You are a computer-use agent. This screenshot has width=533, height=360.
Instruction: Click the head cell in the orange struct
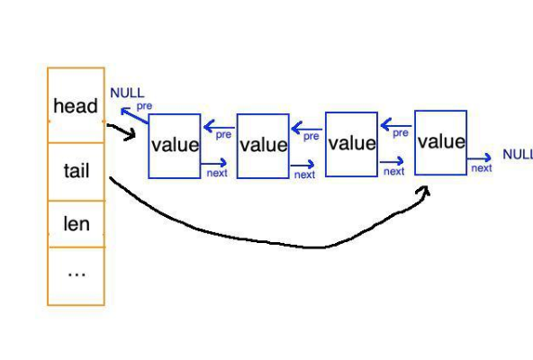(x=76, y=106)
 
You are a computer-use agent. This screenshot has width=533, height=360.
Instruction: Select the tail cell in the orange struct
(x=76, y=170)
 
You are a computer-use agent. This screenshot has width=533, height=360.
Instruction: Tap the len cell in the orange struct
(x=76, y=223)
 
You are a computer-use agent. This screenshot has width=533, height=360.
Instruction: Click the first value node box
(x=174, y=146)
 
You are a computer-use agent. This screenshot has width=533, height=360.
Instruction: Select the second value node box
(x=263, y=146)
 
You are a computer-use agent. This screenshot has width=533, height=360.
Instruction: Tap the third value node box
(x=351, y=144)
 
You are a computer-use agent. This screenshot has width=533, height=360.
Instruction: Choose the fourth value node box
(x=440, y=142)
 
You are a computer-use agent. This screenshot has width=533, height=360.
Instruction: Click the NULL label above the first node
(x=127, y=93)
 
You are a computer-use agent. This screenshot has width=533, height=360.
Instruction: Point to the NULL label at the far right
(x=517, y=154)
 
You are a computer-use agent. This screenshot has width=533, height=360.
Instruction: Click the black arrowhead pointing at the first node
(x=132, y=136)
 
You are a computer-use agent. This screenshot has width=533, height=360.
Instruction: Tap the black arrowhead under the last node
(x=424, y=190)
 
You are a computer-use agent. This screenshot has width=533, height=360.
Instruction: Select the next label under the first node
(x=217, y=173)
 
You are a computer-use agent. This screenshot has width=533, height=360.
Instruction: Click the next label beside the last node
(x=482, y=167)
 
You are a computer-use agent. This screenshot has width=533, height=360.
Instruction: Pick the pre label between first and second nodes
(x=222, y=135)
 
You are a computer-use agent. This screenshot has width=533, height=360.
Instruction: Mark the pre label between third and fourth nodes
(x=401, y=132)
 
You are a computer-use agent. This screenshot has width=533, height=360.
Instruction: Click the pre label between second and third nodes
(x=311, y=137)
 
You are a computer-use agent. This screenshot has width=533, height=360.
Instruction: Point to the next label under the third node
(x=393, y=171)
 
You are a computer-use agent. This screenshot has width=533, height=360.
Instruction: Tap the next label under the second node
(x=304, y=175)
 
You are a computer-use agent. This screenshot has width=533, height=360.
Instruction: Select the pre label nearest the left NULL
(x=143, y=105)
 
